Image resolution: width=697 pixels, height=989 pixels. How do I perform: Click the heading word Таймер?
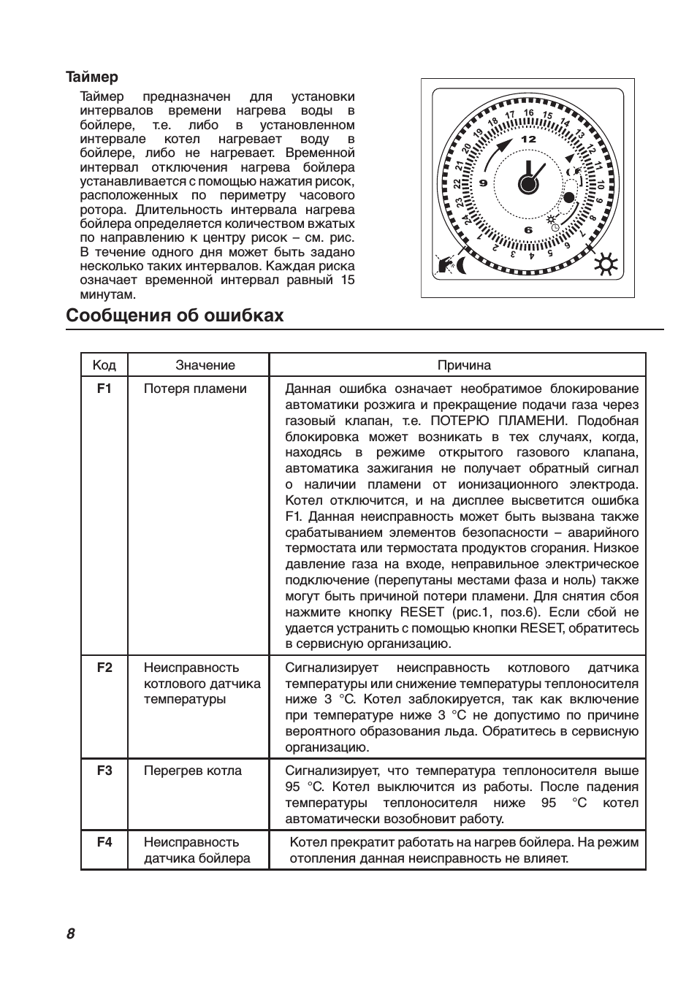(x=91, y=77)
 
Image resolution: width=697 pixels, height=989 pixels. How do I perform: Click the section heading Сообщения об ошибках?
(x=174, y=316)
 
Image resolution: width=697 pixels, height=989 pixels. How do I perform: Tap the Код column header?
(x=104, y=365)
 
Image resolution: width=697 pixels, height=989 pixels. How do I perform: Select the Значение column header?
(x=205, y=365)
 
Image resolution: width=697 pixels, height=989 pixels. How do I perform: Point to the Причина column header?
(x=464, y=365)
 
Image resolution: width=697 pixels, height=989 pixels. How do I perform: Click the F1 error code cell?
(x=104, y=389)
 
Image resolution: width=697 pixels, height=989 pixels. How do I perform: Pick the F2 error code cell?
(x=104, y=668)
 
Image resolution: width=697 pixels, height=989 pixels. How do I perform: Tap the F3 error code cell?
(x=104, y=771)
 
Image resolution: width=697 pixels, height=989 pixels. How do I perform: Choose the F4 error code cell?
(x=104, y=842)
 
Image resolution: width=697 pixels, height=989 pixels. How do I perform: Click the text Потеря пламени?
(x=195, y=389)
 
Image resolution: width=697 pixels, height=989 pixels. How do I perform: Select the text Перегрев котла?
(x=192, y=771)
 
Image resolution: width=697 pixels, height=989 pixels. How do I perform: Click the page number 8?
(x=71, y=933)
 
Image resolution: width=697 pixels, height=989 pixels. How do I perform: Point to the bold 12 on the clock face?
(x=528, y=139)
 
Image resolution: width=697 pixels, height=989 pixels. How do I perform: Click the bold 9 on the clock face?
(x=483, y=183)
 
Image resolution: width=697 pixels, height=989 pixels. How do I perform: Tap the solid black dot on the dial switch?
(x=568, y=196)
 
